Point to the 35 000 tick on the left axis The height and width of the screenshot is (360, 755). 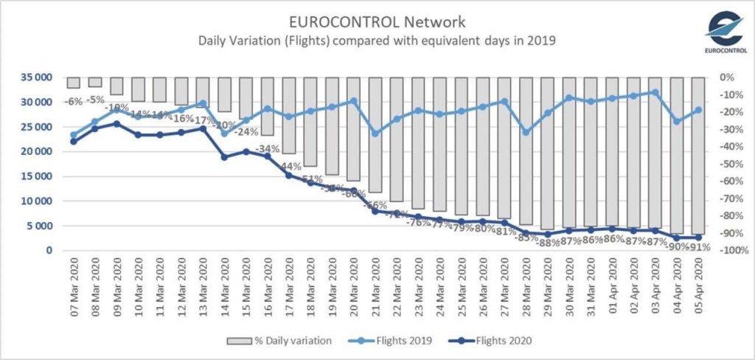(x=36, y=77)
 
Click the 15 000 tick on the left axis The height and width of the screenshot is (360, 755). (x=36, y=176)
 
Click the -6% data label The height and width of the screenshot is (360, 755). (x=72, y=102)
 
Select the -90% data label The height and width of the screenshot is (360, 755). (x=675, y=247)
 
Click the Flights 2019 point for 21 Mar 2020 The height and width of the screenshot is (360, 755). (x=375, y=134)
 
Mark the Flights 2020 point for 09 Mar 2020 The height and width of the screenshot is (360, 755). (x=116, y=124)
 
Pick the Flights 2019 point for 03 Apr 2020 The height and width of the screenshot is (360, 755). (x=655, y=92)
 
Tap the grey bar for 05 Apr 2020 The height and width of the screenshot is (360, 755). (x=698, y=155)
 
